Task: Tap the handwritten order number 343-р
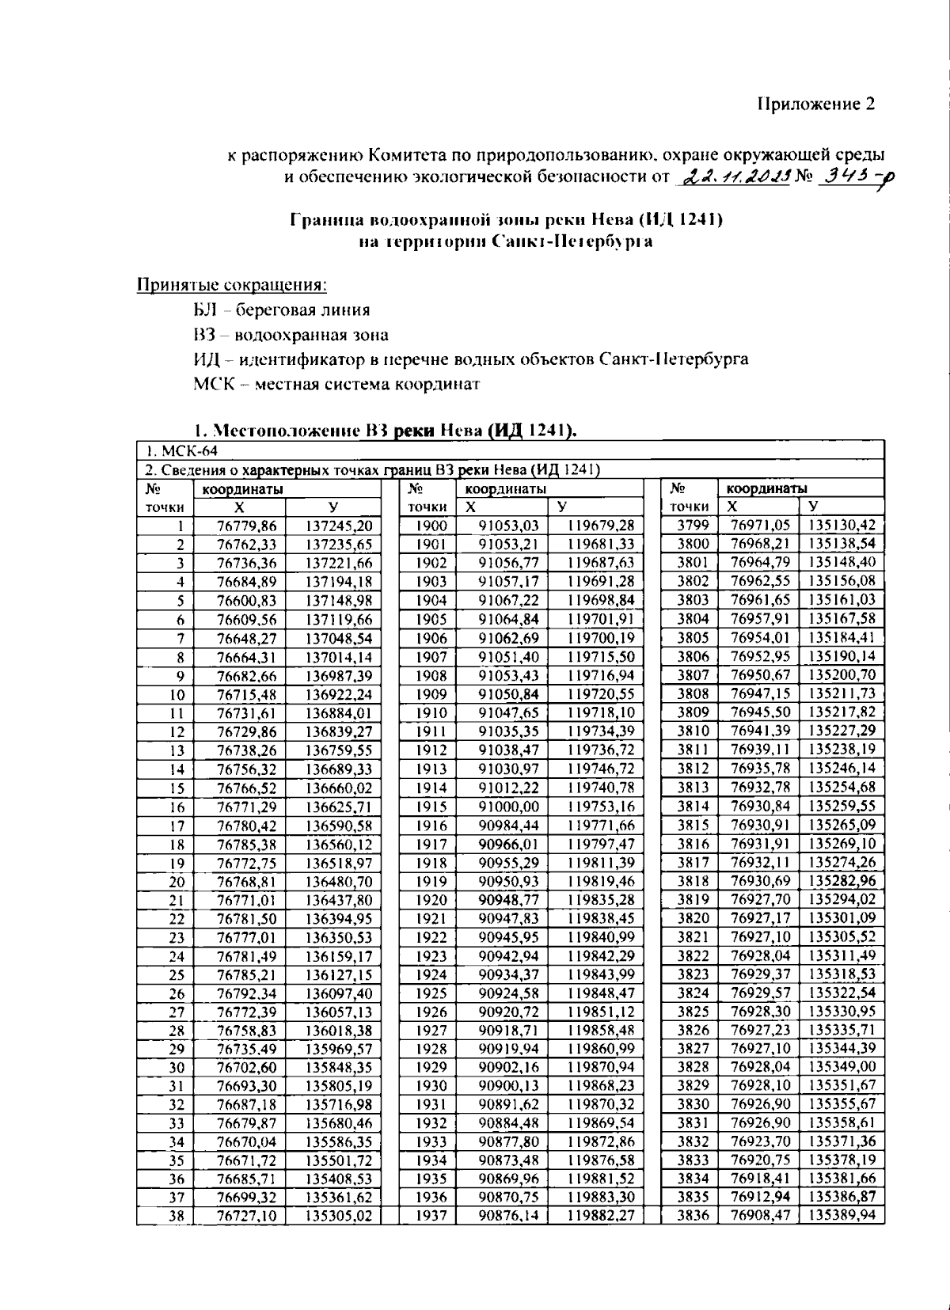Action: (x=851, y=177)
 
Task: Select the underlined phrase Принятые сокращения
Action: (x=233, y=284)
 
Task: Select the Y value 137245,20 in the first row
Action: (x=339, y=526)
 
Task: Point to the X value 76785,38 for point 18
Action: (x=247, y=844)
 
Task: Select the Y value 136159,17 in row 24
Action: (x=339, y=956)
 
